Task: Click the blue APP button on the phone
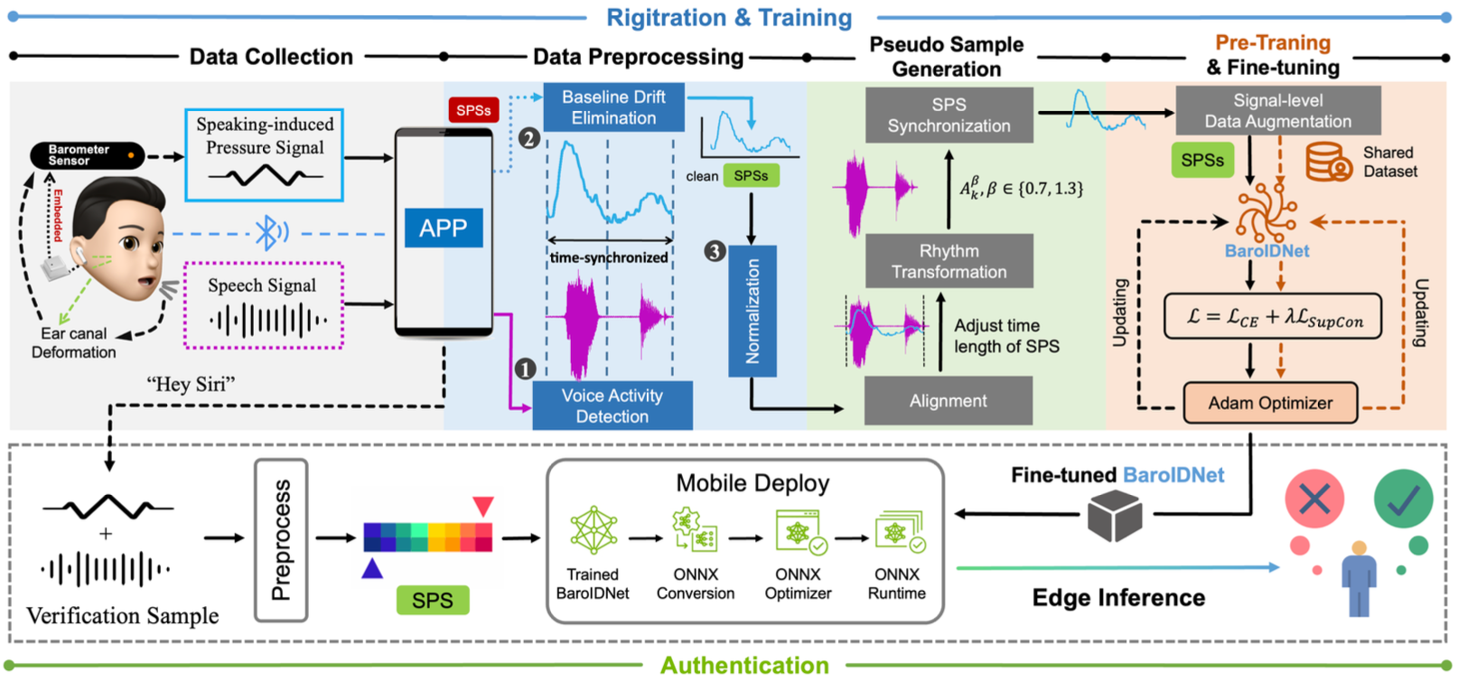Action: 443,228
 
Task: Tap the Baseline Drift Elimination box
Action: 613,107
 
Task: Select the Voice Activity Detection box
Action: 612,406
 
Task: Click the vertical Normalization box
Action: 752,311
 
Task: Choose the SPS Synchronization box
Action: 949,116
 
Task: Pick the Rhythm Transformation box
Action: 949,261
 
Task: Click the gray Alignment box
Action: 948,400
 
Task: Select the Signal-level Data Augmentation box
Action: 1277,111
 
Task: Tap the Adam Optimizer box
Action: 1270,403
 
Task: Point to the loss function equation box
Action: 1272,316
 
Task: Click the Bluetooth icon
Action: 267,232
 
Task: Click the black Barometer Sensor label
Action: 87,155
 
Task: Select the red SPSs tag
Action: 473,110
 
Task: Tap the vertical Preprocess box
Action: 281,540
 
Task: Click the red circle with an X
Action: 1313,499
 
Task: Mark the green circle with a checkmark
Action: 1402,499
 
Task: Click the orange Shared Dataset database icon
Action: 1328,162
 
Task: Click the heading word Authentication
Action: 744,666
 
